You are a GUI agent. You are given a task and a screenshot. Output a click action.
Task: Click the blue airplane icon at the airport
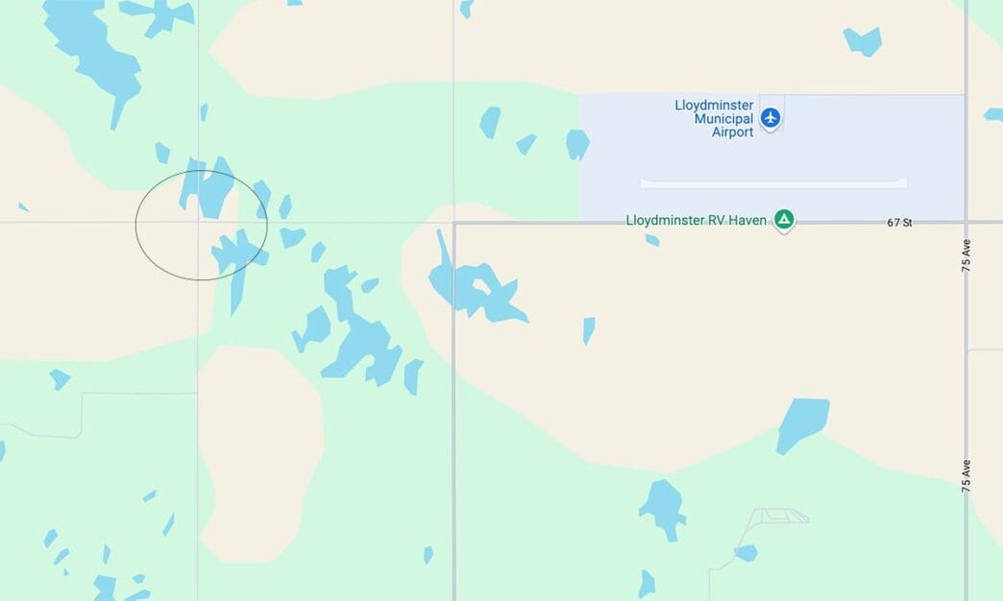[x=770, y=118]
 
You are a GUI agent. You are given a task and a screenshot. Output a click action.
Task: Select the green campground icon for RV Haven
[x=785, y=220]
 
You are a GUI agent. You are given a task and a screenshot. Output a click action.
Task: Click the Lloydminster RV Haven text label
[x=696, y=221]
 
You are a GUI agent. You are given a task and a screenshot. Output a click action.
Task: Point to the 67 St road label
[x=899, y=223]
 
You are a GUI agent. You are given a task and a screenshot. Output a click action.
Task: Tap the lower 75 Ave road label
[x=966, y=476]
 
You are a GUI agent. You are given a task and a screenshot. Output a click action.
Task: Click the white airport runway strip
[x=773, y=182]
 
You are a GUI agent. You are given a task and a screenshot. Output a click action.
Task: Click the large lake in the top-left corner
[x=91, y=53]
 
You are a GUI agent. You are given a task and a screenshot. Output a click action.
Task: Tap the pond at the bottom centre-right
[x=662, y=506]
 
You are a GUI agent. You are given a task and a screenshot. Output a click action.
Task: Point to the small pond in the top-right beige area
[x=863, y=41]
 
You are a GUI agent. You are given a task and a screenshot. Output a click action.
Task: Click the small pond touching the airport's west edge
[x=576, y=144]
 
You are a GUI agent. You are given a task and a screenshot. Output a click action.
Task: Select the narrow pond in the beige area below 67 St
[x=588, y=330]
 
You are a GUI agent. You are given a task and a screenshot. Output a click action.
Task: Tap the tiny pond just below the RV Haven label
[x=652, y=240]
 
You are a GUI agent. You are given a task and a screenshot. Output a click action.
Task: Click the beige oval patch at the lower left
[x=259, y=451]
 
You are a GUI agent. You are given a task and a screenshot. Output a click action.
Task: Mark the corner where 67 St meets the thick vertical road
[x=454, y=224]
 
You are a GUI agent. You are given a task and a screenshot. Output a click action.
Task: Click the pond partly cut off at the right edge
[x=993, y=114]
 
